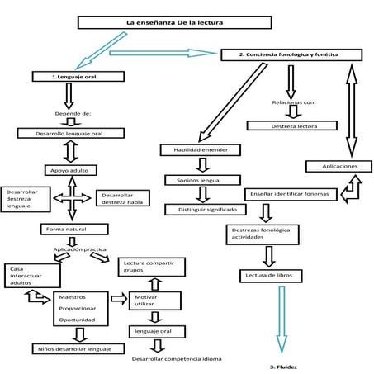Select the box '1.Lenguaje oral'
point(78,76)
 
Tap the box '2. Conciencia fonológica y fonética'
point(290,54)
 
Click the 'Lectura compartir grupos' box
point(151,266)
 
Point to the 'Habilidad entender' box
point(201,150)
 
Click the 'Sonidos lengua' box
point(202,179)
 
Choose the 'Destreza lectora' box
point(292,125)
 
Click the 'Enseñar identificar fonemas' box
point(291,195)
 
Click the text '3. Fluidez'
point(282,364)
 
